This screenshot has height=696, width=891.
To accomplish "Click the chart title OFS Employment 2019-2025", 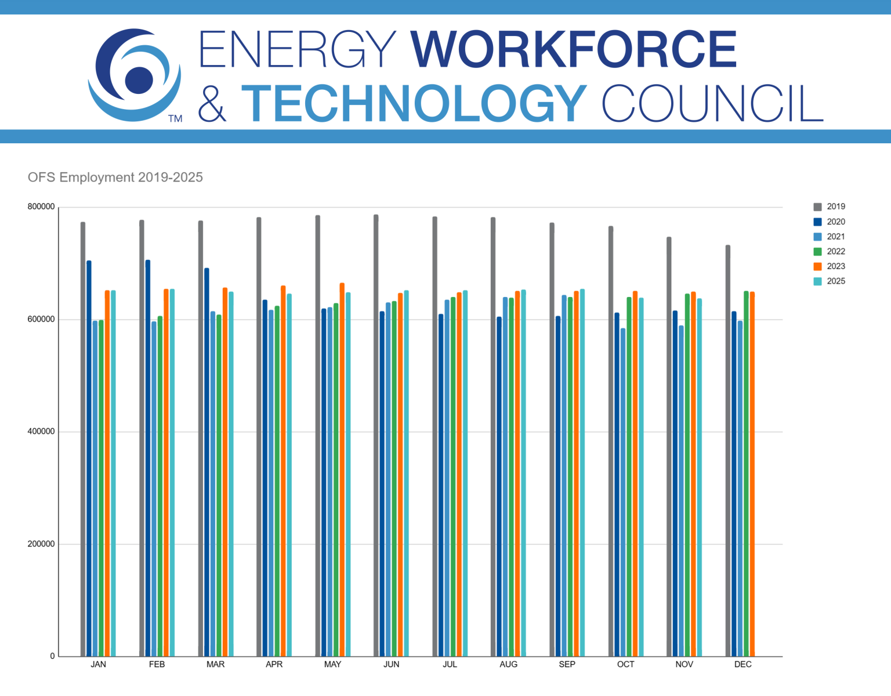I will [115, 177].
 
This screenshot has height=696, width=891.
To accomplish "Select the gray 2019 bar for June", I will [376, 435].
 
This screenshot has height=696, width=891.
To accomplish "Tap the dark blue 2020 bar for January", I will [89, 458].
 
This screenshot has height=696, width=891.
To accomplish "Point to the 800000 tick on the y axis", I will [41, 206].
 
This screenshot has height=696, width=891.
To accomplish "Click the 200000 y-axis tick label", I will [41, 544].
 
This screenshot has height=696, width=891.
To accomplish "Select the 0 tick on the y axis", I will [52, 656].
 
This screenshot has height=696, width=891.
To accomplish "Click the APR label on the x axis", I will [274, 664].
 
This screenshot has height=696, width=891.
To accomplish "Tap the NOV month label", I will [684, 664].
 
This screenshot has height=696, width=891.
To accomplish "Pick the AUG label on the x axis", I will [508, 664].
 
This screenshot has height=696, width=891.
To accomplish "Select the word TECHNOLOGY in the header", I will [414, 103].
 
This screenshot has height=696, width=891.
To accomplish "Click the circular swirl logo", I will [135, 75].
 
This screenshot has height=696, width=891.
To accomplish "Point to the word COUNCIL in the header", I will [712, 103].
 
